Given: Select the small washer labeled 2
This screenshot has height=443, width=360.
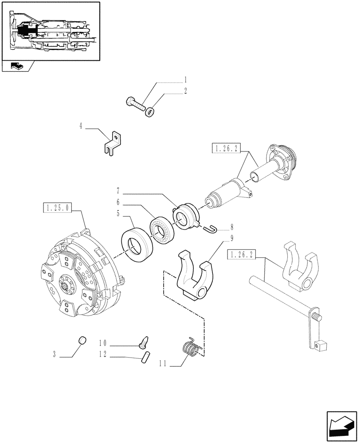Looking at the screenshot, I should point(150,112).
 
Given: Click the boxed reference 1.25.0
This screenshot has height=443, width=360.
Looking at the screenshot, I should point(58,207).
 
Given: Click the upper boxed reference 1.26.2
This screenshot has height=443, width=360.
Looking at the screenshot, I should point(226,149).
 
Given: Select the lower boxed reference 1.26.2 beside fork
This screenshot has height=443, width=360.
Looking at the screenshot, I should point(242,254).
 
